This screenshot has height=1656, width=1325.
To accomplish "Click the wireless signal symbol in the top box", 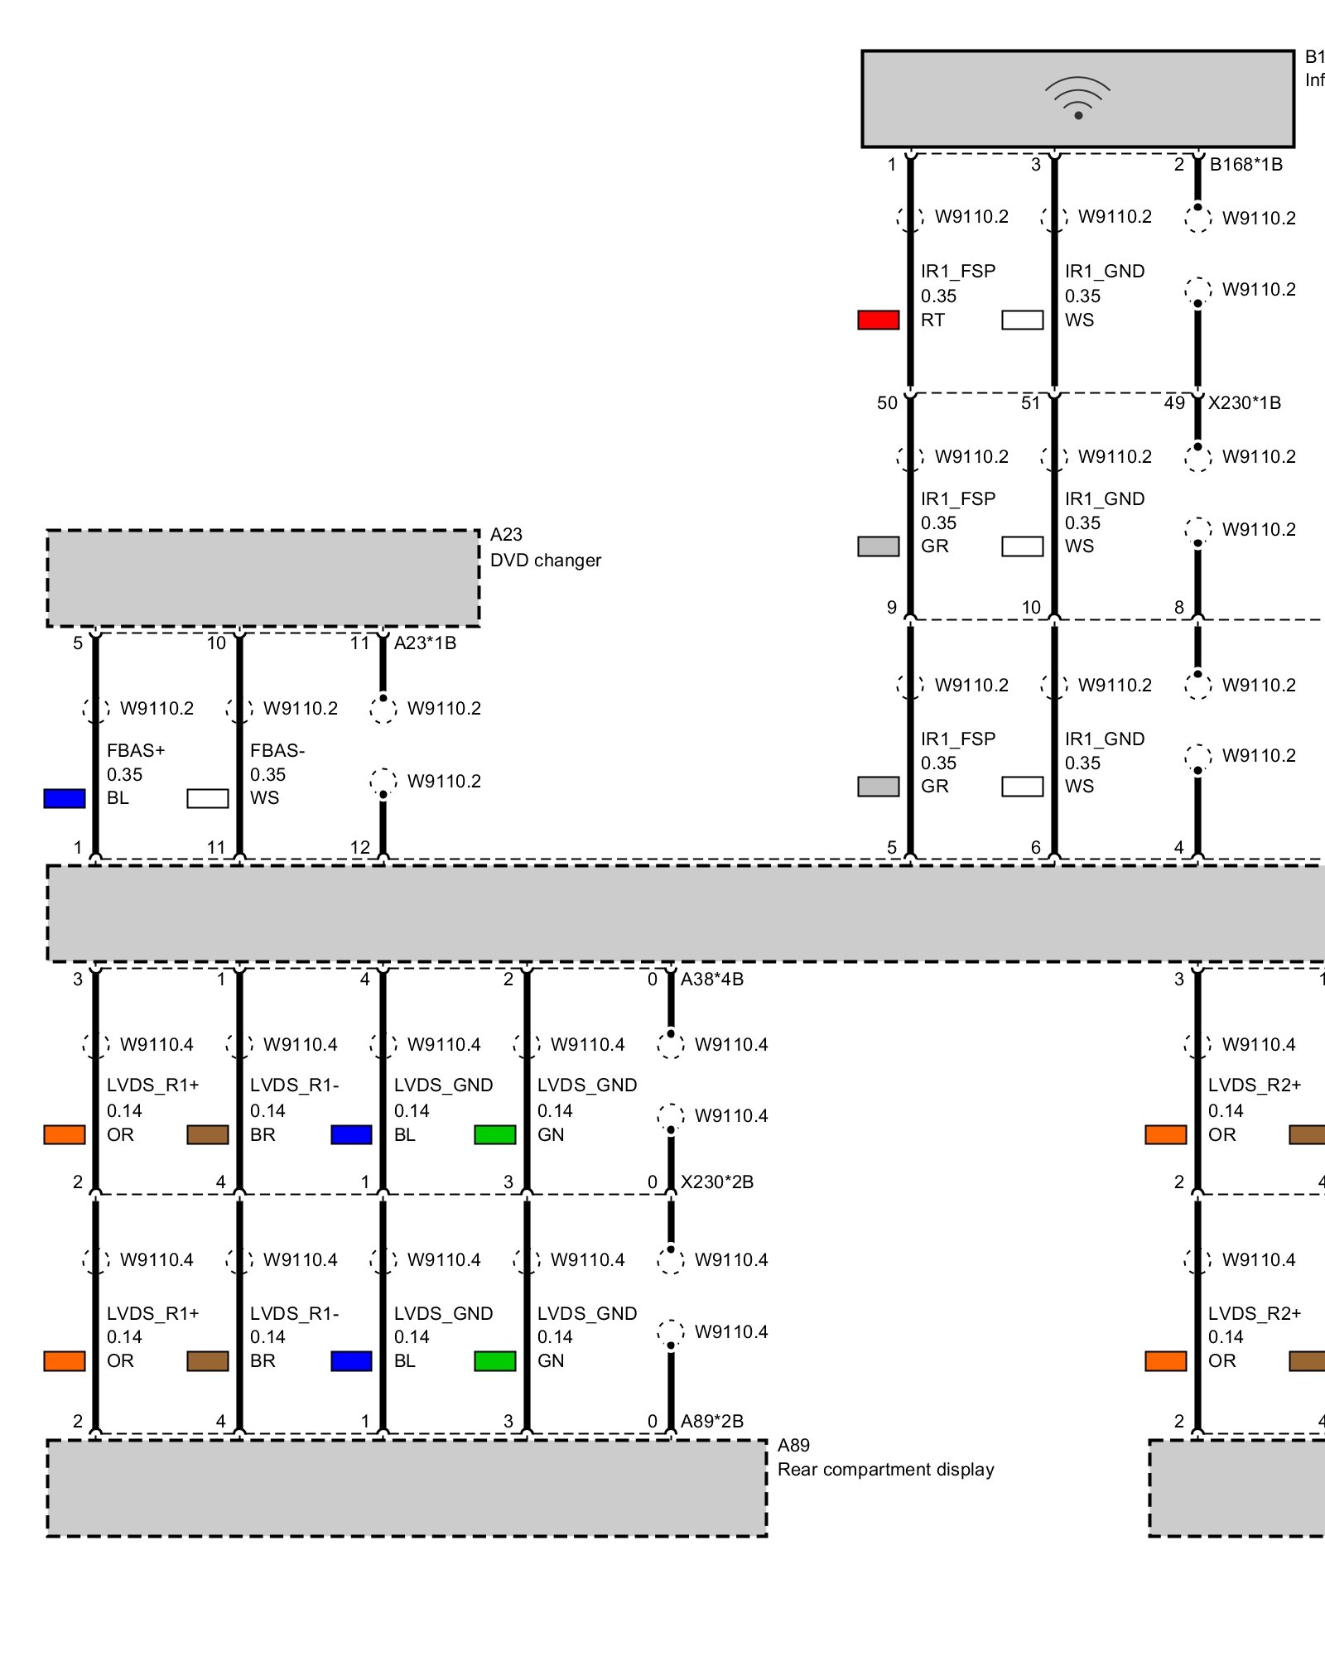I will coord(1077,99).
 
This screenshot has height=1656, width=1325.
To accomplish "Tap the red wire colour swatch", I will coord(878,320).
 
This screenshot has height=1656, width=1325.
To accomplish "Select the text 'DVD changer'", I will coord(545,561).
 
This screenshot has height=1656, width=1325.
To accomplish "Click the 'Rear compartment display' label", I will coord(885,1470).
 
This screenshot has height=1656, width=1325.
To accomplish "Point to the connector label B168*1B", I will coord(1245,165).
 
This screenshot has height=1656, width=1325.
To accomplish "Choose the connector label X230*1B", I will coord(1244,403).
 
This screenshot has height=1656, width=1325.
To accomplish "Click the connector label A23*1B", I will coord(425,643).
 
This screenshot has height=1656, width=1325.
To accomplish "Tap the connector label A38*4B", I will coord(711,980).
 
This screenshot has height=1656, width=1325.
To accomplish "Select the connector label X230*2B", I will coord(716,1182).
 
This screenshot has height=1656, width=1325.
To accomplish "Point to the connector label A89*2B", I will coord(711,1422).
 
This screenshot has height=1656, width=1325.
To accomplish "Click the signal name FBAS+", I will coord(136,751).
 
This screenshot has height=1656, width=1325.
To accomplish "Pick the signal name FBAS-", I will coord(277,751).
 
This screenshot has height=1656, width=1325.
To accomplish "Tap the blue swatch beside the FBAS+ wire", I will coord(65,798).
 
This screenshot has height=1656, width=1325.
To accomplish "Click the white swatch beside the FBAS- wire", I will coord(208,798).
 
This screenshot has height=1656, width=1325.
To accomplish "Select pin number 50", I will coord(887,403).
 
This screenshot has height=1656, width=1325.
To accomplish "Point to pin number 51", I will coord(1030,403).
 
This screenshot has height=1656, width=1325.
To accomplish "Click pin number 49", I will coord(1174,403).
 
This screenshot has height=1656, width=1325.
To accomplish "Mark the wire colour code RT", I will coord(932,320).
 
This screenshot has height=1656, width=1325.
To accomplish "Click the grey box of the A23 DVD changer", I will coord(263,578).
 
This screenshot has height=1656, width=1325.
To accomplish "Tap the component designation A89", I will coord(793,1446).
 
